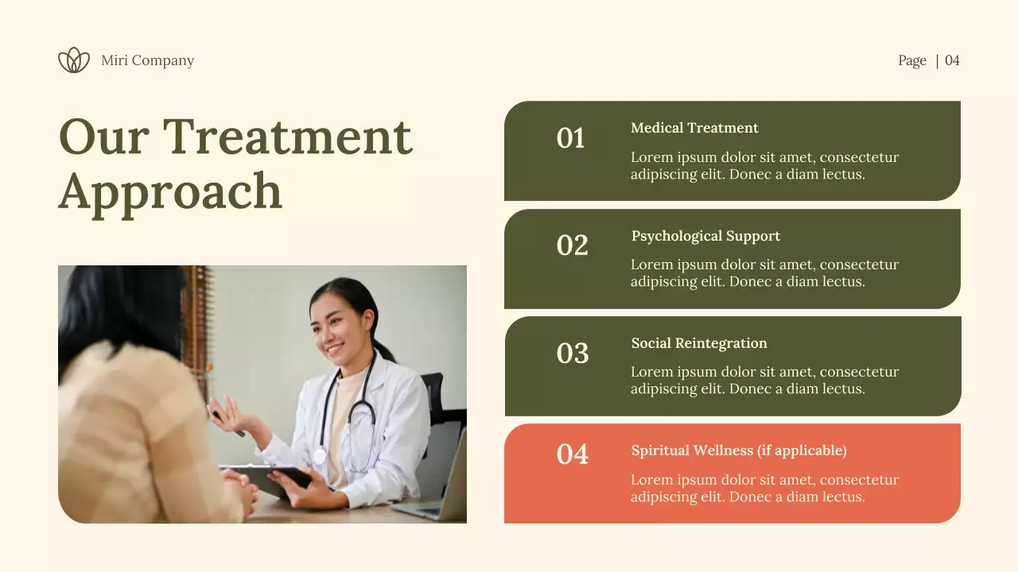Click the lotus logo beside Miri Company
click(x=74, y=60)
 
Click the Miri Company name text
click(x=147, y=60)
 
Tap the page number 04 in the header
click(x=952, y=60)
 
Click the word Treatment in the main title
click(x=287, y=137)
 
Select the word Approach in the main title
click(x=170, y=191)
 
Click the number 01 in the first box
click(x=570, y=138)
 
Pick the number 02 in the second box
click(x=572, y=245)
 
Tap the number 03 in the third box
click(x=572, y=353)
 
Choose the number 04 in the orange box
click(x=572, y=454)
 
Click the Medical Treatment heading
click(x=694, y=128)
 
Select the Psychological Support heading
click(x=705, y=236)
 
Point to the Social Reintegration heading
click(x=699, y=343)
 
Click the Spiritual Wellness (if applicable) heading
click(x=739, y=450)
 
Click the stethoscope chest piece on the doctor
click(x=320, y=456)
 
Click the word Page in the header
click(x=912, y=60)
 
